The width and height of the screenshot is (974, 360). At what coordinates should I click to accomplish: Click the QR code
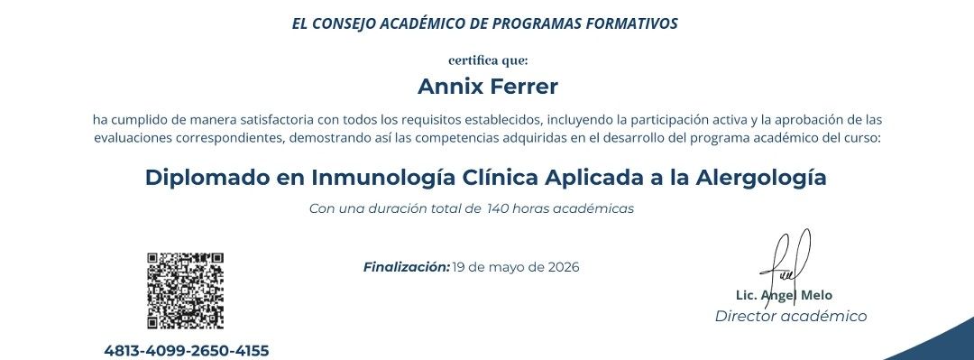185,291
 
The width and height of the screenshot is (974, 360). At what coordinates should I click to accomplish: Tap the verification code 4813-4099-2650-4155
187,351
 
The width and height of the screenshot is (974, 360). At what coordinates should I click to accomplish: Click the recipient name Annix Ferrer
488,87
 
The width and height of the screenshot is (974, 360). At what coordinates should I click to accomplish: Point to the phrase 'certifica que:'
488,60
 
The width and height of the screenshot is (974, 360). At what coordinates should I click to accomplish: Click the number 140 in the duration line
498,209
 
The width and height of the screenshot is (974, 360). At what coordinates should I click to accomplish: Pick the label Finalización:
406,267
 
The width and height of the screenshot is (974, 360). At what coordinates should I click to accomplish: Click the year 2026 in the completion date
564,267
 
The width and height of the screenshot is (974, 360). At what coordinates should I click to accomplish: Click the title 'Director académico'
791,317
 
